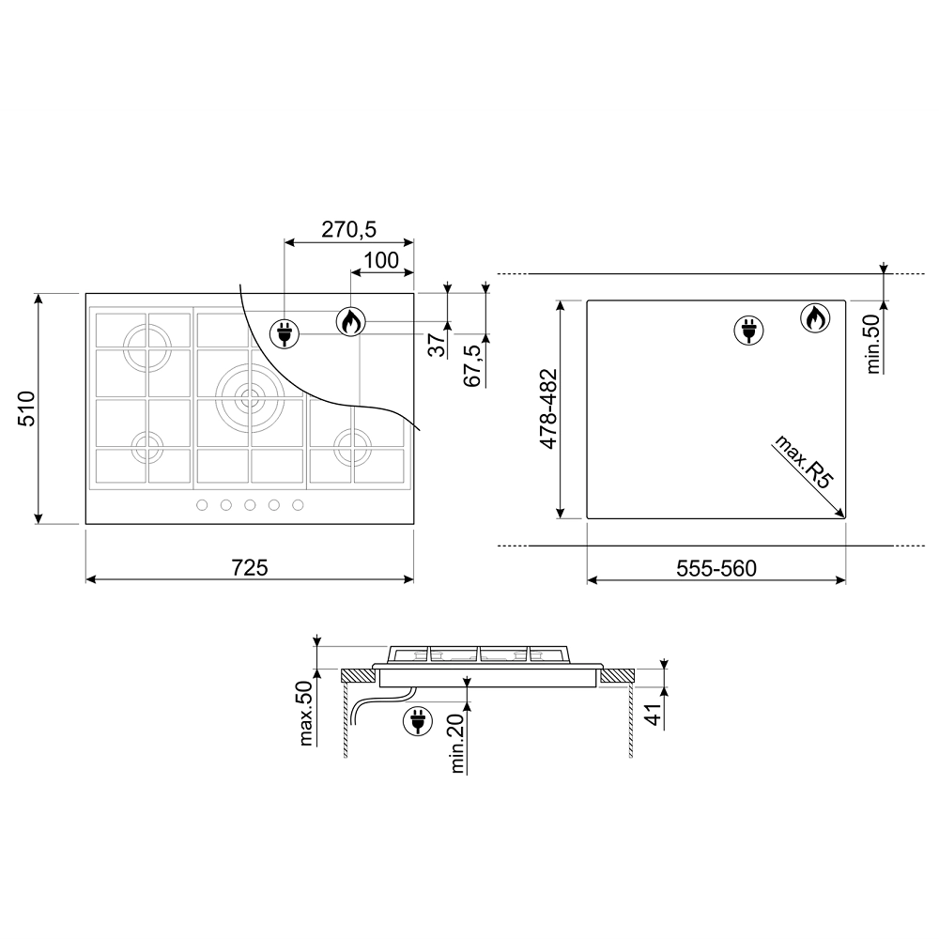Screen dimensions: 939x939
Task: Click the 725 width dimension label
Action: click(250, 567)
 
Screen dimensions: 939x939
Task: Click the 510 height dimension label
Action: click(27, 408)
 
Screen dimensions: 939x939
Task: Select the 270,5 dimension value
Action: click(348, 229)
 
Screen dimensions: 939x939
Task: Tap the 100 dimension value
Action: click(381, 260)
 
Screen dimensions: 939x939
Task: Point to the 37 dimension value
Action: click(439, 345)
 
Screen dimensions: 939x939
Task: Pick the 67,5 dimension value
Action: click(473, 364)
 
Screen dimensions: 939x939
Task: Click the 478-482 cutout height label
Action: click(548, 408)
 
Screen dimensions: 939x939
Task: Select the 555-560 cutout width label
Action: click(716, 568)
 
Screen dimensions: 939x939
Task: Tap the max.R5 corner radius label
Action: click(803, 462)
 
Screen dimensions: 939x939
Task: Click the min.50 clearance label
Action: click(873, 345)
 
